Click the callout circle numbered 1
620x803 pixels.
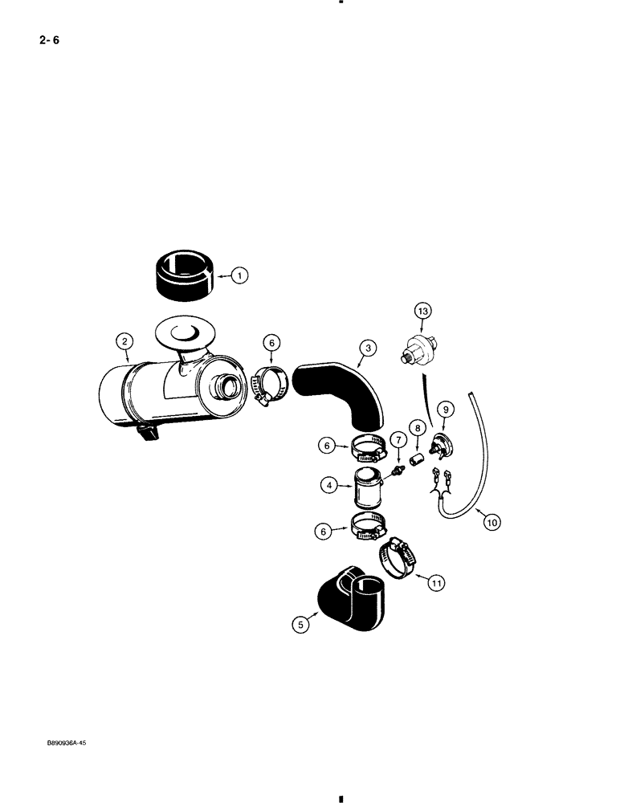[x=239, y=275]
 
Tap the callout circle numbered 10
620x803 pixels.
[x=491, y=522]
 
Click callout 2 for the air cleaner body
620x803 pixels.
[x=124, y=341]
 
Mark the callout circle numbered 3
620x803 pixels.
[x=367, y=348]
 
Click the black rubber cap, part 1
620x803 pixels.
[x=182, y=275]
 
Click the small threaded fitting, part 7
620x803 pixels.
[x=395, y=470]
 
